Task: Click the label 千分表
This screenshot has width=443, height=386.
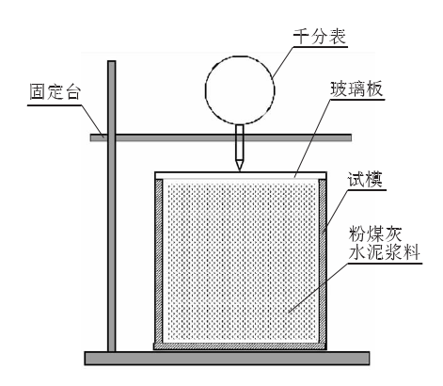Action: [320, 37]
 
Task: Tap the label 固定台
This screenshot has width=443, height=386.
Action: [55, 92]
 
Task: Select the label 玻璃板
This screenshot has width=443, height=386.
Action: [356, 88]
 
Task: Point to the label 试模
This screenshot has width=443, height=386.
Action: [365, 180]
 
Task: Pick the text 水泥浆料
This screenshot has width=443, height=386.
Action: [384, 252]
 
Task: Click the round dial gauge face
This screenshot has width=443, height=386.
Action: [240, 90]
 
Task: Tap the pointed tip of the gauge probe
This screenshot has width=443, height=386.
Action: [240, 170]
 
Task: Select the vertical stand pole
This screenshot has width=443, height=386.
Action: [112, 206]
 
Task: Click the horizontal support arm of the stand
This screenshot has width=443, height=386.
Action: [221, 137]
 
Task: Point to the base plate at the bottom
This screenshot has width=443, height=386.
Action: [227, 359]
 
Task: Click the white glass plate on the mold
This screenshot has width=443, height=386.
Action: [241, 175]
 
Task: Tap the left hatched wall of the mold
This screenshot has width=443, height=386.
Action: [159, 261]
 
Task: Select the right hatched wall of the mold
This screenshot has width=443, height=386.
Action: [323, 261]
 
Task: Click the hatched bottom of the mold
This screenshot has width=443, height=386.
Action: [240, 346]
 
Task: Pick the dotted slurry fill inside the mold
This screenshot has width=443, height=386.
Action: [241, 261]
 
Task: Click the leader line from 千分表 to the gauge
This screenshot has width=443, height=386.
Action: [283, 63]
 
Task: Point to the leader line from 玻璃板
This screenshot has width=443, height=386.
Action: [313, 138]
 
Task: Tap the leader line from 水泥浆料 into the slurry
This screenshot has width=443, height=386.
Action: [318, 287]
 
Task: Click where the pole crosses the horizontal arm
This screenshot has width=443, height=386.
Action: [112, 137]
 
